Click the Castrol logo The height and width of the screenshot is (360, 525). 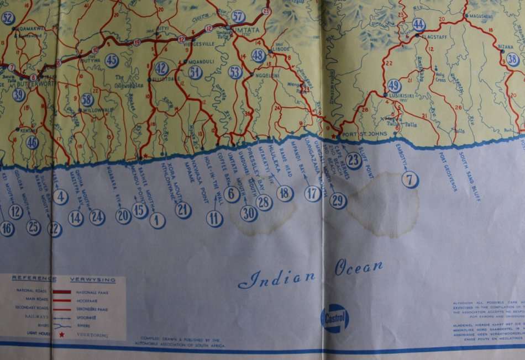[335, 319]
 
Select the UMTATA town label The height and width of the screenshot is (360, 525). [248, 27]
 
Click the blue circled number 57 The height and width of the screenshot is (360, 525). [238, 16]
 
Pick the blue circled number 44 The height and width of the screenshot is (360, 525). [419, 24]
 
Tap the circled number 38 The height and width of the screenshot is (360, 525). [513, 60]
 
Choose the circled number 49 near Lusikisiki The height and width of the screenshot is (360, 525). [394, 85]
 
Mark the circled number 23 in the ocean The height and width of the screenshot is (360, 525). [354, 160]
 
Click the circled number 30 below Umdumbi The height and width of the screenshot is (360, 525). [249, 213]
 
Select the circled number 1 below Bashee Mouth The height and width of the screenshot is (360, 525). [158, 221]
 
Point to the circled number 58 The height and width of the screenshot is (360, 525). [87, 99]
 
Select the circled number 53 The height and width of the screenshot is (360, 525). [235, 72]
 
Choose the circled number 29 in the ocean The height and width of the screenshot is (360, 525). [338, 201]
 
